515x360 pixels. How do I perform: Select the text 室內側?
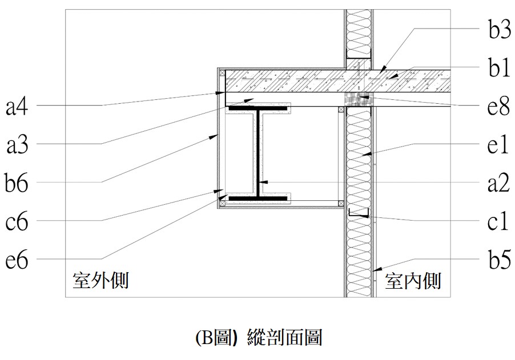413,281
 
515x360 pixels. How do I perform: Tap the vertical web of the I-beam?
259,153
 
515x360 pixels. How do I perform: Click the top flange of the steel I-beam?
257,107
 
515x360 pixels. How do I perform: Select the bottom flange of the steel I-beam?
257,199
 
